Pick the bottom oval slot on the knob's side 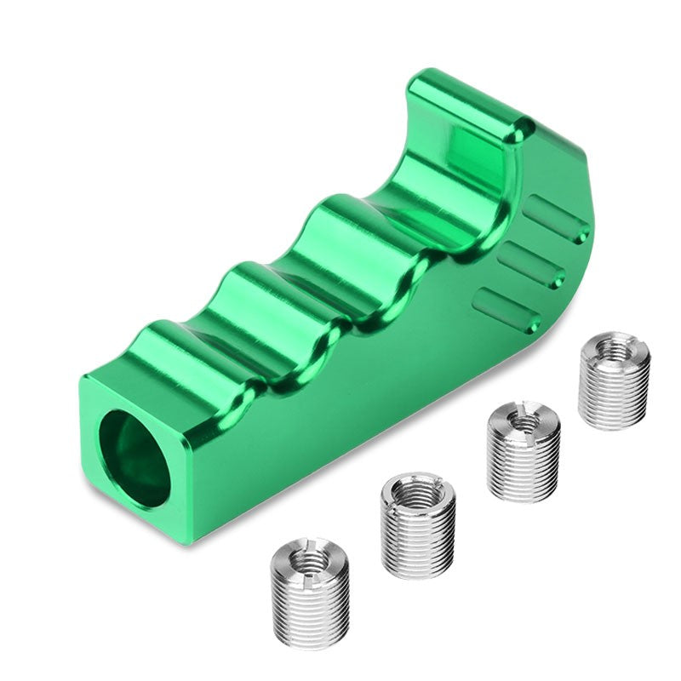tap(509, 309)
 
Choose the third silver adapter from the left tap(523, 450)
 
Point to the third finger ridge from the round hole tap(340, 221)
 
